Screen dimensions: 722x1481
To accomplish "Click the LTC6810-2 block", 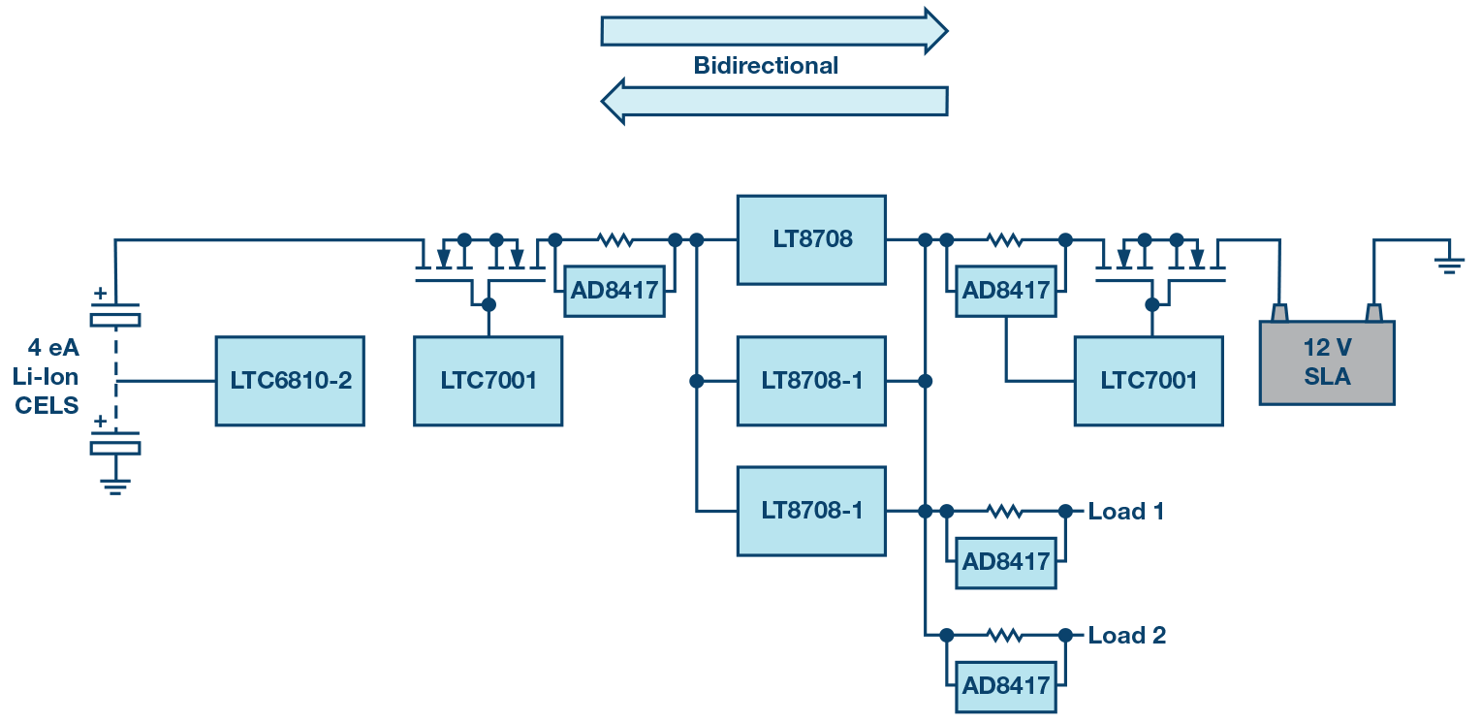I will pos(290,381).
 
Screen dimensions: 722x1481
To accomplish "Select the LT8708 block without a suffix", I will pos(811,239).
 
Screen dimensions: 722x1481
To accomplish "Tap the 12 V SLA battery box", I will pos(1326,363).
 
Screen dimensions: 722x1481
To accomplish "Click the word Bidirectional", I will pos(766,66).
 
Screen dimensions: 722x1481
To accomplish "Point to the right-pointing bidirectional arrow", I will pos(772,30).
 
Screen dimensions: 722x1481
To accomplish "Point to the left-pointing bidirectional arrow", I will pos(772,101).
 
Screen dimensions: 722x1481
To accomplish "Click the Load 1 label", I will pos(1125,511).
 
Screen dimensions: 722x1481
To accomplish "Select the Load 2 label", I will pos(1126,636).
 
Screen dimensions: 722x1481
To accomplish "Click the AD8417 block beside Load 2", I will pos(1005,686).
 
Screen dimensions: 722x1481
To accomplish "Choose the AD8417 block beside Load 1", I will pos(1005,562).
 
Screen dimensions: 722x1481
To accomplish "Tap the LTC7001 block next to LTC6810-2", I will pos(488,381).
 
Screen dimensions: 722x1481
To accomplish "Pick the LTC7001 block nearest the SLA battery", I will pos(1148,381).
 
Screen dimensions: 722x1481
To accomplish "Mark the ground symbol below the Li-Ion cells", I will pos(115,486).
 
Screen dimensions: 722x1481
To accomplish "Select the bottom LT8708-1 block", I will pos(811,511).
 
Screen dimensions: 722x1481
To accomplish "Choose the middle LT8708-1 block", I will pos(811,381).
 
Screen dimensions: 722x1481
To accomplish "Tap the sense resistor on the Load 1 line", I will pos(1005,511).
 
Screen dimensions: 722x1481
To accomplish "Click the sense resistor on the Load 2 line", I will pos(1005,636).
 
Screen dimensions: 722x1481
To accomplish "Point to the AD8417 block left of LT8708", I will pos(614,290).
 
